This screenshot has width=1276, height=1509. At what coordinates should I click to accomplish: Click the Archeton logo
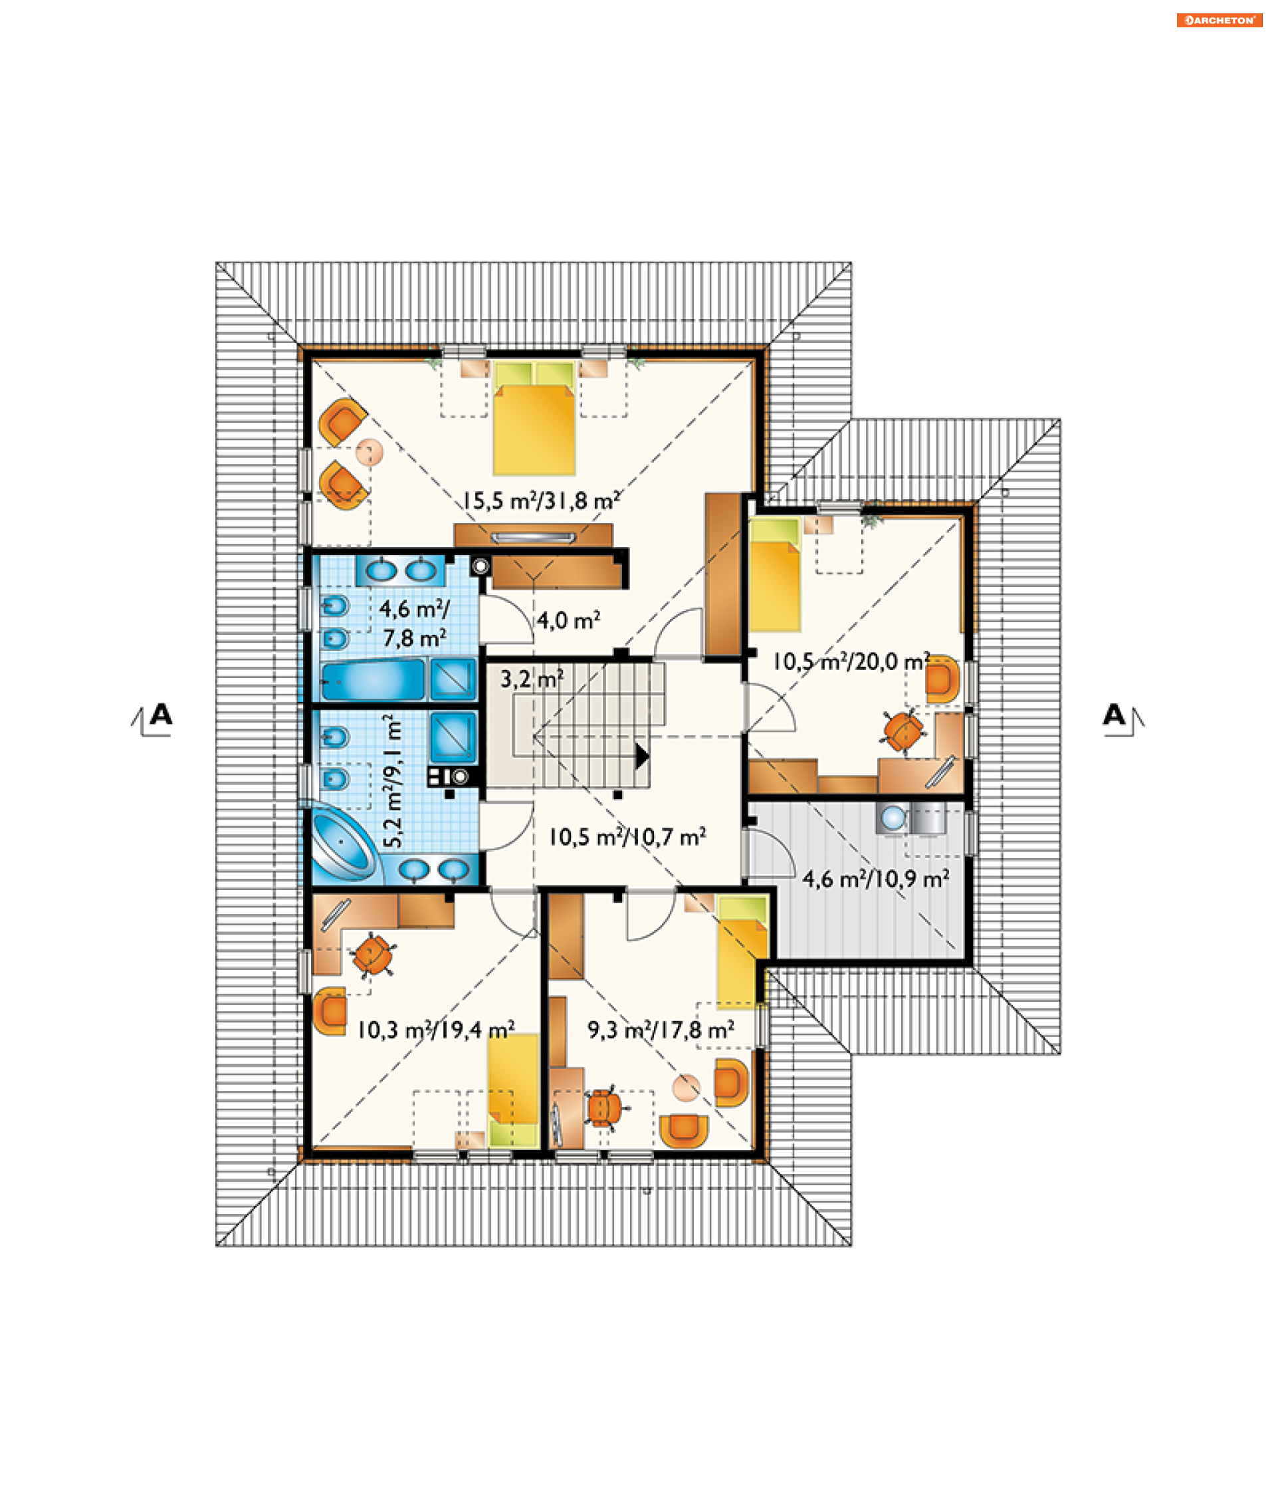tap(1219, 20)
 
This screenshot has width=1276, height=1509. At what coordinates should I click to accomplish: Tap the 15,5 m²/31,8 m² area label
tap(541, 501)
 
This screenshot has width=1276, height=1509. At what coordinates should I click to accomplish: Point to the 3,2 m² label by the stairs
tap(532, 679)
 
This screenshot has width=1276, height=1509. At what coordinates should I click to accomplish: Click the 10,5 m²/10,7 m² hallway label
tap(627, 837)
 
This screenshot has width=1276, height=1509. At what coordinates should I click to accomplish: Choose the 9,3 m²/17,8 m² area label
tap(661, 1030)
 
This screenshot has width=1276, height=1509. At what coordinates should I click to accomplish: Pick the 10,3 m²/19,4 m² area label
tap(436, 1030)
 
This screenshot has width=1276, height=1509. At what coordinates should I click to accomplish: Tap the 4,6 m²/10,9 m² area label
tap(875, 879)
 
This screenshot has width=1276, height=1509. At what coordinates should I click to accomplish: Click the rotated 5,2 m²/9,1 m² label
tap(392, 780)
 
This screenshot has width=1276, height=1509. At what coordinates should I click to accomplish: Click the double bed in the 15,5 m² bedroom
tap(534, 418)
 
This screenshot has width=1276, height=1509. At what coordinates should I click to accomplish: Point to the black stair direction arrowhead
tap(641, 756)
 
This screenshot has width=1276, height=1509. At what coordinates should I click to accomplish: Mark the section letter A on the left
tap(161, 715)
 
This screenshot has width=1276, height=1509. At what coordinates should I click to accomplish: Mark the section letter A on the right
tap(1114, 715)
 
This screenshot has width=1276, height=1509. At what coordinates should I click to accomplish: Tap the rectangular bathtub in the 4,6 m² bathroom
tap(373, 680)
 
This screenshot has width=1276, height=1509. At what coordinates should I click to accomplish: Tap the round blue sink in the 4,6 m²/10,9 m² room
tap(893, 818)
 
